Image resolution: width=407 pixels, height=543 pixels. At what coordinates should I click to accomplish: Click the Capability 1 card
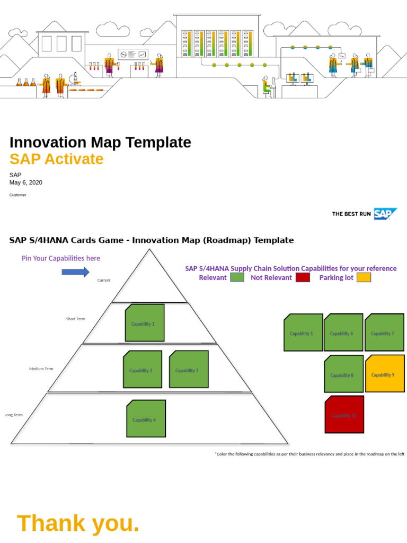click(145, 323)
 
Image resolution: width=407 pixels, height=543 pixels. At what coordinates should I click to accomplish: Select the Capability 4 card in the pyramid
click(146, 419)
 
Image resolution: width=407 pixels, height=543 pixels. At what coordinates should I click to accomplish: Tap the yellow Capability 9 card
click(385, 374)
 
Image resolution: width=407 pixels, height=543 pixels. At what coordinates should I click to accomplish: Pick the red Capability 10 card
click(344, 415)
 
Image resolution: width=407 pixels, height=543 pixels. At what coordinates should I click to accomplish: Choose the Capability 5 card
click(303, 333)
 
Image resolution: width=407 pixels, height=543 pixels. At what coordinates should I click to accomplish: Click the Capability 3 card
click(189, 370)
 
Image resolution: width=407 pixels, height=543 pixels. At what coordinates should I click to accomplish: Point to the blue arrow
click(76, 272)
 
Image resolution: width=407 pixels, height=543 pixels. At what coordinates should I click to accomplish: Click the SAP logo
click(385, 214)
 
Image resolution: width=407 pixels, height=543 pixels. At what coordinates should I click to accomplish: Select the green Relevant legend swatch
click(237, 277)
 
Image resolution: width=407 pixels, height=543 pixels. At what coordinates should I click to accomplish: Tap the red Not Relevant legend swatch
click(303, 277)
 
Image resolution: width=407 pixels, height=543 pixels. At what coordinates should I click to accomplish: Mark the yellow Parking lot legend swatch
click(364, 277)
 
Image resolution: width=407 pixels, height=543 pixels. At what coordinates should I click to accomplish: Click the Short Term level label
click(75, 319)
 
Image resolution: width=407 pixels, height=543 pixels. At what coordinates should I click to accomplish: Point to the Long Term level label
click(13, 415)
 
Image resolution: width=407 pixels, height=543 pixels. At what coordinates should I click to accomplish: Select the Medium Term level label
click(41, 369)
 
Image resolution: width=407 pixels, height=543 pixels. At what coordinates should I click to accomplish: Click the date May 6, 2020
click(26, 182)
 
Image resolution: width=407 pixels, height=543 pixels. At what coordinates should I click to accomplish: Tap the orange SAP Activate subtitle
click(57, 159)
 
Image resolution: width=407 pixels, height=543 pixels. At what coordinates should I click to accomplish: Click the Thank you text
click(78, 523)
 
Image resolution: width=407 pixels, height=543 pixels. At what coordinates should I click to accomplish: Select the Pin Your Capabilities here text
click(60, 258)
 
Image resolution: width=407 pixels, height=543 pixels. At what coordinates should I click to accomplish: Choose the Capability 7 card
click(384, 333)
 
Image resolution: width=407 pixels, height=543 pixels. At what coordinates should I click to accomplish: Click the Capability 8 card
click(343, 374)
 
